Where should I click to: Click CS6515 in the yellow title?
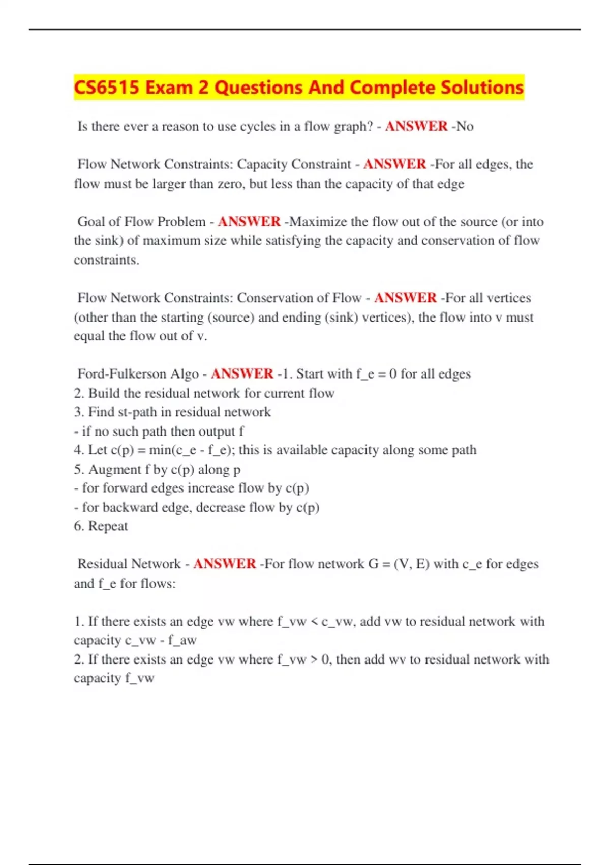pos(106,88)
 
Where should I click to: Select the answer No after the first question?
pos(465,126)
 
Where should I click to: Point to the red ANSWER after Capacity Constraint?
pos(394,164)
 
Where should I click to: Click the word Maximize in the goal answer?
pos(318,222)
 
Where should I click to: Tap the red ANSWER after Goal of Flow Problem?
pos(249,222)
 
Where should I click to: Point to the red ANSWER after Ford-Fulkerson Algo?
pos(242,374)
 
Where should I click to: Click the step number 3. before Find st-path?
pos(79,412)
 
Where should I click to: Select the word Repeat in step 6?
pos(108,526)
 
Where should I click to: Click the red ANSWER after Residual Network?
pos(224,564)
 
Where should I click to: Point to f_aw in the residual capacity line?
pos(182,640)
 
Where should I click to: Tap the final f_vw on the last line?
pos(140,678)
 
